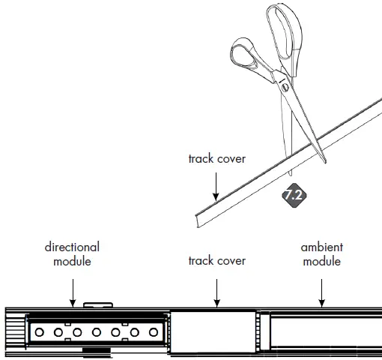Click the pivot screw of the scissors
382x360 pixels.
285,87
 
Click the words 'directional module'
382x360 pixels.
72,253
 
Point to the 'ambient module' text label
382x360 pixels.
321,253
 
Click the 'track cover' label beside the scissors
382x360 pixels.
216,159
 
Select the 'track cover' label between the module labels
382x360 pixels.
216,261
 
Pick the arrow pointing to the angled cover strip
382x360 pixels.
216,184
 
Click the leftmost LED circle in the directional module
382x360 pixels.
37,331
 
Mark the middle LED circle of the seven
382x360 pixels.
94,331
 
